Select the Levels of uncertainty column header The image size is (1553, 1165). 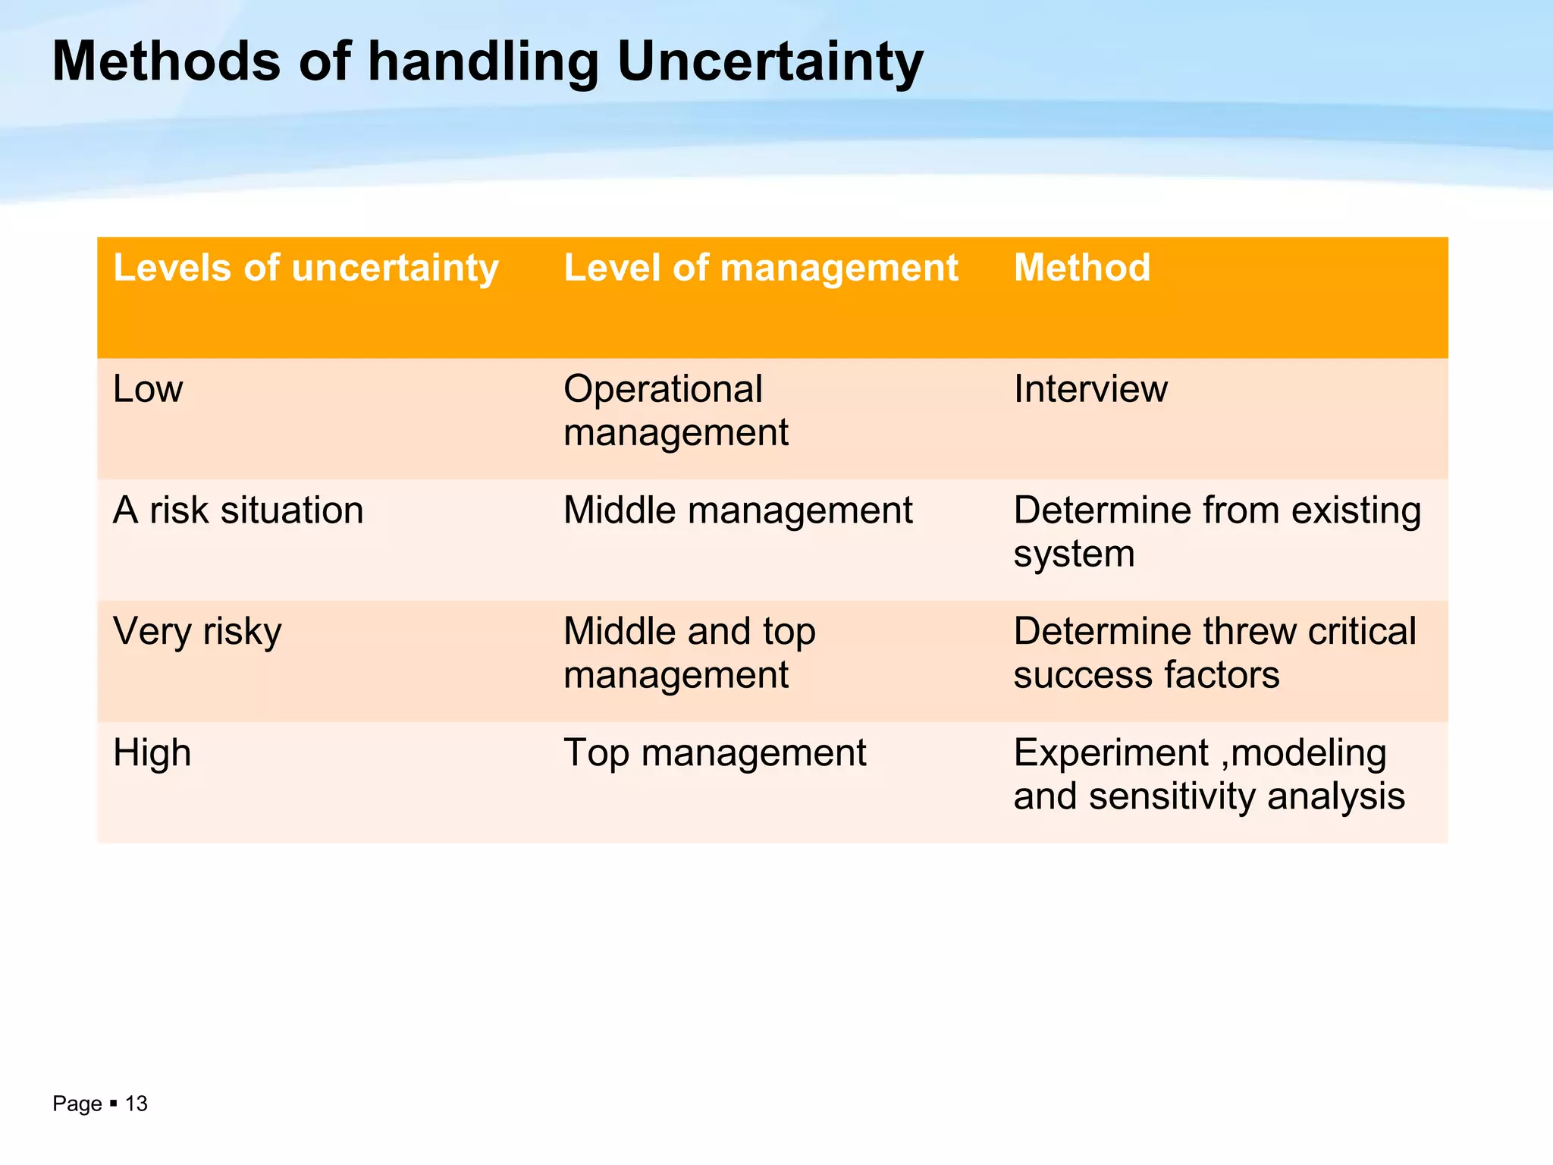pyautogui.click(x=306, y=268)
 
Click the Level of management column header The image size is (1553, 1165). pyautogui.click(x=761, y=268)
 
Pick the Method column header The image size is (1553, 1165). pyautogui.click(x=1082, y=268)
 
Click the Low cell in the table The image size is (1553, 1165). pyautogui.click(x=148, y=389)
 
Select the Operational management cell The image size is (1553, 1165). pyautogui.click(x=676, y=410)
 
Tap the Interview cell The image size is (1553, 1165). pyautogui.click(x=1090, y=389)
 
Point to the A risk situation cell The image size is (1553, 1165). pyautogui.click(x=238, y=510)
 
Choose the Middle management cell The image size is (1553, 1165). pyautogui.click(x=738, y=510)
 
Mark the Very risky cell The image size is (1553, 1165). pyautogui.click(x=197, y=632)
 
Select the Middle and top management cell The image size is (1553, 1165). pyautogui.click(x=689, y=652)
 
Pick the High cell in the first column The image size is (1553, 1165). pyautogui.click(x=152, y=753)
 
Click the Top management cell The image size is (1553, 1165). pyautogui.click(x=714, y=753)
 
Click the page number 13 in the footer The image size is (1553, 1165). pyautogui.click(x=136, y=1104)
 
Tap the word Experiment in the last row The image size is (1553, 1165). pyautogui.click(x=1110, y=753)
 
